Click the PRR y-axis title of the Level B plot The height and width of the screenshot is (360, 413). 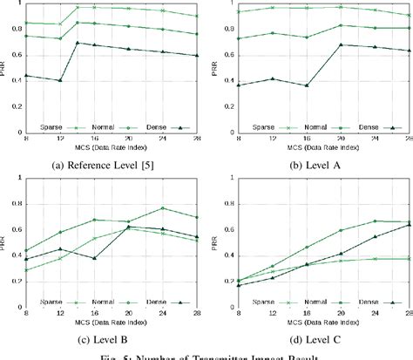click(x=6, y=240)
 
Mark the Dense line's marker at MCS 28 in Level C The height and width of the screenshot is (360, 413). click(x=409, y=225)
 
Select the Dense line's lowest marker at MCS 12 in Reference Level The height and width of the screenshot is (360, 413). click(x=59, y=80)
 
